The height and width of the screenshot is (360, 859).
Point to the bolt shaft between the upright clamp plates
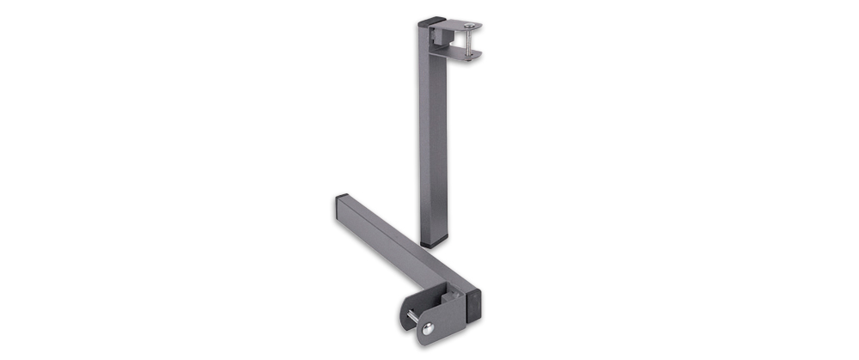(x=468, y=42)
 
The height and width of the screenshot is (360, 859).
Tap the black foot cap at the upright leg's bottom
(x=432, y=244)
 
